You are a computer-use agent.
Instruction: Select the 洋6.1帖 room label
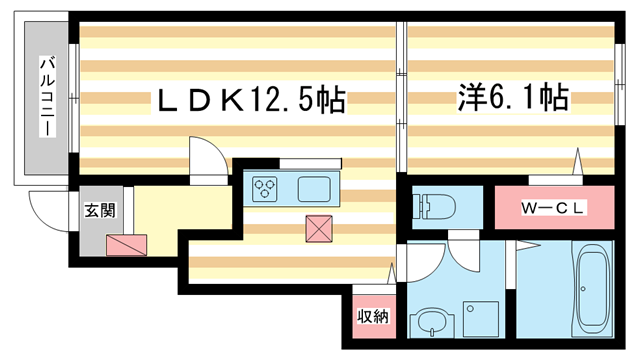[x=512, y=98]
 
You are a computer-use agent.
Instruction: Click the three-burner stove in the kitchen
[x=266, y=187]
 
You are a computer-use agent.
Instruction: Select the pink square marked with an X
[x=319, y=228]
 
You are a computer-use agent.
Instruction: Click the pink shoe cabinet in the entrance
[x=125, y=244]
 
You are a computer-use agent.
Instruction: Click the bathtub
[x=592, y=290]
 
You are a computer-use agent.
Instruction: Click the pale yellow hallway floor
[x=180, y=210]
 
